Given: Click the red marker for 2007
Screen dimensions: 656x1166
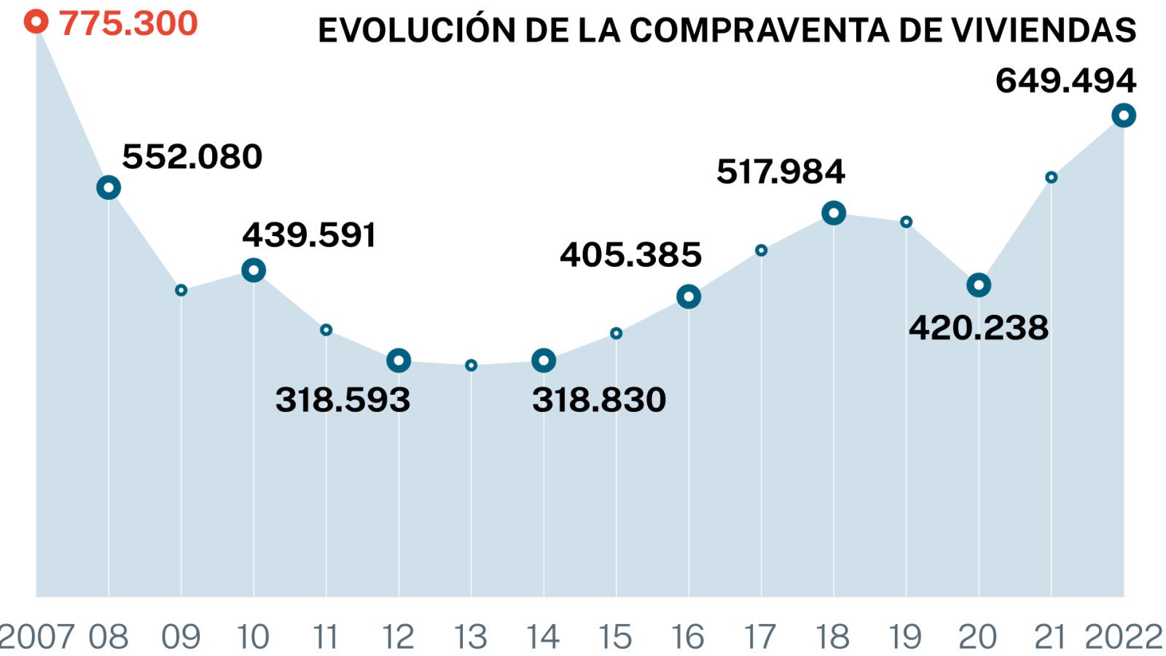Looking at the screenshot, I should [x=36, y=21].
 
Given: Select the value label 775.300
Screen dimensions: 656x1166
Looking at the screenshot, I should [x=128, y=23].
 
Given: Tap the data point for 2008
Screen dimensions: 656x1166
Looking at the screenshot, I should [x=109, y=188].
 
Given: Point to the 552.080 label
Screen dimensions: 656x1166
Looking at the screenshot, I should [x=192, y=157].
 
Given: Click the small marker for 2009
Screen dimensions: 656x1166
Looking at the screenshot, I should [x=181, y=290].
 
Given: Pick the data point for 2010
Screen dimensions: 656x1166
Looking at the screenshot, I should [x=254, y=270].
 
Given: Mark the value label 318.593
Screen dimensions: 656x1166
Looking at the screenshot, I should [x=343, y=399].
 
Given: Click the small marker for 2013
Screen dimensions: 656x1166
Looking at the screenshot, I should [x=471, y=365].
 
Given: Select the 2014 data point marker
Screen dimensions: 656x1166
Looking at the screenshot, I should [x=544, y=360].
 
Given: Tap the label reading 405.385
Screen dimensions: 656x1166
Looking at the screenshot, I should [x=630, y=255].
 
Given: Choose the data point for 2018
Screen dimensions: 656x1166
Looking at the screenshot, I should [x=834, y=213].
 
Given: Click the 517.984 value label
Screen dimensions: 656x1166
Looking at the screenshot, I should [x=780, y=172].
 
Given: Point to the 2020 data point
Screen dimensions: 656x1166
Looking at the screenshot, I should [x=979, y=285].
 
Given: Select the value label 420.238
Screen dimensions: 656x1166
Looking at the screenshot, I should [x=978, y=328].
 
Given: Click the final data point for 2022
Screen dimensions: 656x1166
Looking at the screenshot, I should [x=1124, y=115].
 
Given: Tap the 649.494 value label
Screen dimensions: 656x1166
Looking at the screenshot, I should [x=1065, y=80].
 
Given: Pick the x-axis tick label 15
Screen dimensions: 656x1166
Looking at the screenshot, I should [x=615, y=637].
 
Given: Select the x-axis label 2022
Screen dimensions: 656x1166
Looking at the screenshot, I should [x=1123, y=637].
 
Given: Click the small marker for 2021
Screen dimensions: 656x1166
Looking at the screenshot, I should [x=1051, y=177].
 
